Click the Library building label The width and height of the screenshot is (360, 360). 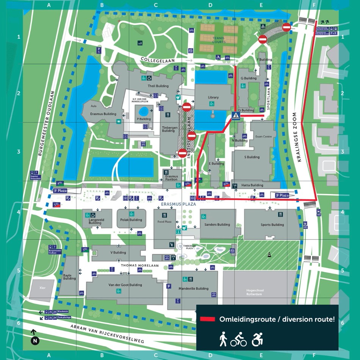point(213,97)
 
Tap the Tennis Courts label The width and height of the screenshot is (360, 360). point(219,40)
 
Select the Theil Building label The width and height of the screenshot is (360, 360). point(158,86)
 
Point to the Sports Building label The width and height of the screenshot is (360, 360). point(272,224)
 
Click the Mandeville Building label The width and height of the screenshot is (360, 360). point(194,288)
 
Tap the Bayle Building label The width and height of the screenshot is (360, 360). point(69,277)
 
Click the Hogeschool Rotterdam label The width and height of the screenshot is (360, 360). point(255,293)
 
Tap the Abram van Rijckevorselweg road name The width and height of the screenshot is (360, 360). point(108,334)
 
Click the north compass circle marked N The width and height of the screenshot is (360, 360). point(35,341)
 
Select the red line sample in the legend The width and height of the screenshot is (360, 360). point(208,319)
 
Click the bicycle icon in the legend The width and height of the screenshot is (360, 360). point(238,340)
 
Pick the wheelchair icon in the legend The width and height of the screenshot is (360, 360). point(257,340)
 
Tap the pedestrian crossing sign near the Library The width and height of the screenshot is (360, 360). point(236,116)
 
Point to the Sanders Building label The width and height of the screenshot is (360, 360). point(217,224)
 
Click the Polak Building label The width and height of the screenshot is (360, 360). point(131,220)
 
